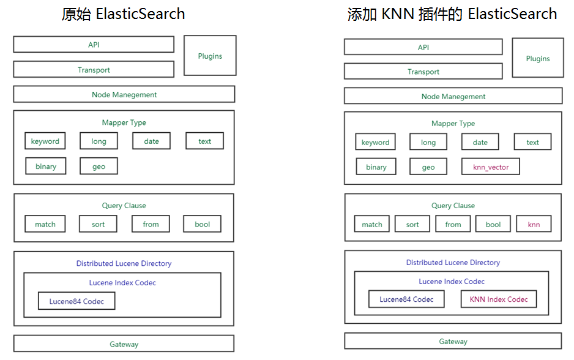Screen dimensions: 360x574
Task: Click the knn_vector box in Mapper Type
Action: click(491, 167)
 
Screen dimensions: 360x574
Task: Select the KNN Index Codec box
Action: click(498, 299)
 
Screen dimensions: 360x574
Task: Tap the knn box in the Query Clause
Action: click(534, 224)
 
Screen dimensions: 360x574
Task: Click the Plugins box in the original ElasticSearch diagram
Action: click(210, 56)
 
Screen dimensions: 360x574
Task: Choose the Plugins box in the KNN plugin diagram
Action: click(538, 58)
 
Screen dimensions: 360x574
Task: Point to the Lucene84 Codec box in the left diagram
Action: click(76, 301)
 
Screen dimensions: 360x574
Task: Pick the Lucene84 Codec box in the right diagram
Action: click(406, 299)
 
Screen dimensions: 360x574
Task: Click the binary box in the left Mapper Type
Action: click(46, 167)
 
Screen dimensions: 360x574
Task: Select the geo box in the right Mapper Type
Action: click(428, 167)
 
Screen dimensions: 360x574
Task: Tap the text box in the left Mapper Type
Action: click(204, 141)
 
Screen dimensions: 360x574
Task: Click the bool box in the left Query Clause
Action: click(202, 224)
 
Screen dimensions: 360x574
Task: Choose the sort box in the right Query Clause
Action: click(412, 224)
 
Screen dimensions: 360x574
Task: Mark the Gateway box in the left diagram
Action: click(124, 344)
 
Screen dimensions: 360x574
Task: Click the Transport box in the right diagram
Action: click(423, 72)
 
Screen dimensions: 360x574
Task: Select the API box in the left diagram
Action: click(94, 45)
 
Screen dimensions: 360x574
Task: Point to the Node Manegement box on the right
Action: click(453, 96)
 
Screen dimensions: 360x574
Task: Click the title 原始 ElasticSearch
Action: click(123, 14)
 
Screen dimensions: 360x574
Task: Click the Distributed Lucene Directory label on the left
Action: click(124, 263)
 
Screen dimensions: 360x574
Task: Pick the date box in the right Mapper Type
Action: click(480, 142)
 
